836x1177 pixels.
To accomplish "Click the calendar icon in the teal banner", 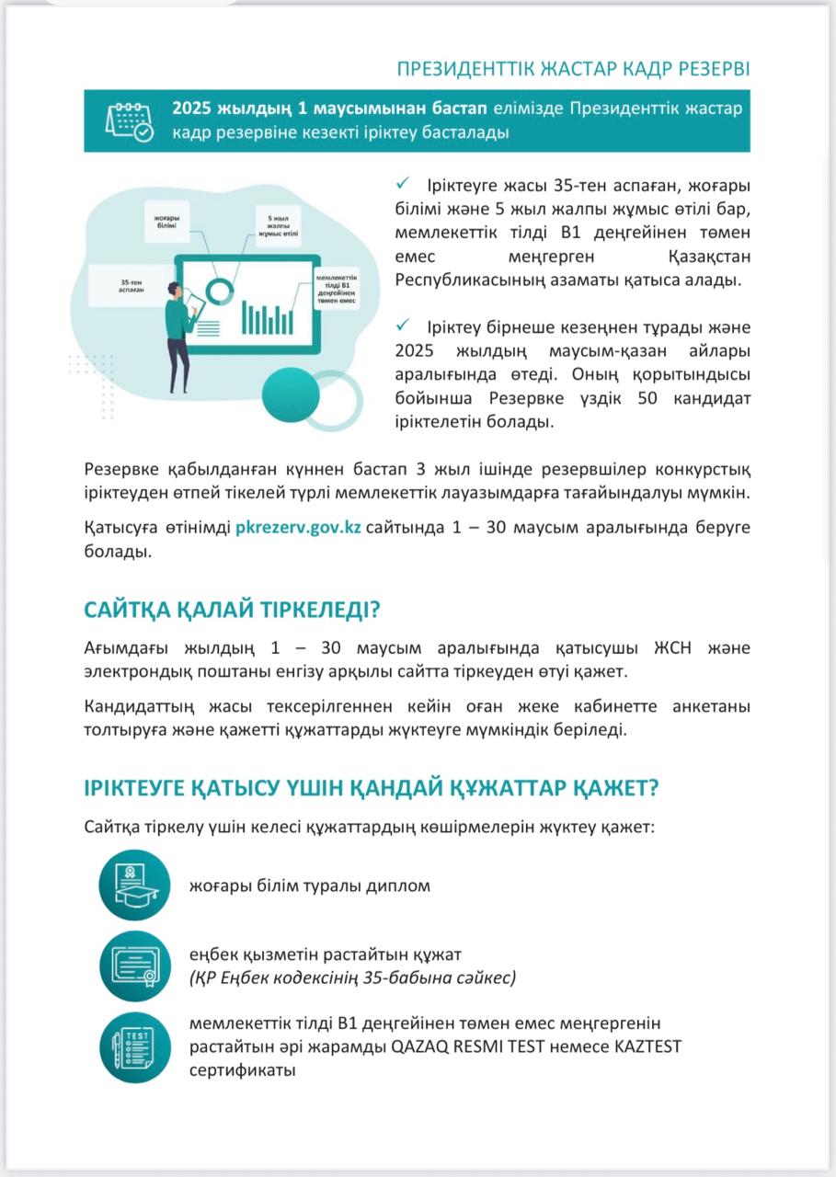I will point(129,120).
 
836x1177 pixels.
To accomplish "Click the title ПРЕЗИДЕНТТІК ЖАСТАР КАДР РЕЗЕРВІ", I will point(572,70).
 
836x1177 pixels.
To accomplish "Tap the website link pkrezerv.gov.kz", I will point(298,528).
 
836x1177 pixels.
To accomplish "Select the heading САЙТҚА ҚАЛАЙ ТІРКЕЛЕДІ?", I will point(232,611).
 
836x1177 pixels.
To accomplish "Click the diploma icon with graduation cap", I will point(134,885).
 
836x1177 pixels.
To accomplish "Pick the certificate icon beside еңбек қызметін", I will point(134,966).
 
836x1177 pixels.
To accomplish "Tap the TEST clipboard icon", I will point(134,1046).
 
